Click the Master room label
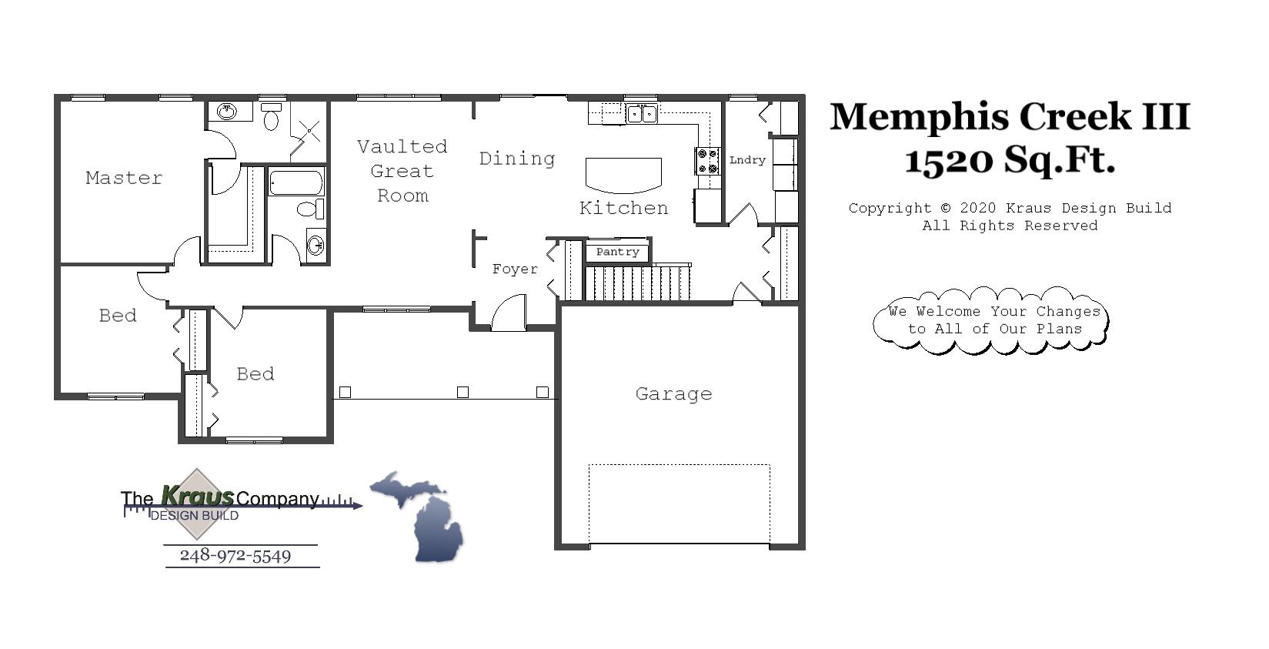click(124, 178)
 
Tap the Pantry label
click(617, 252)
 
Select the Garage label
click(673, 393)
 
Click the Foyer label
click(515, 269)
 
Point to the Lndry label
click(747, 160)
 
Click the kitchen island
click(623, 174)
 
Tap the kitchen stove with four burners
click(707, 161)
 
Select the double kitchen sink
click(641, 114)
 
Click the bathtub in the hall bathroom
click(296, 183)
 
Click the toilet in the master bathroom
click(271, 117)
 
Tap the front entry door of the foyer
click(509, 313)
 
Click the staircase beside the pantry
click(638, 283)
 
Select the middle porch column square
click(463, 392)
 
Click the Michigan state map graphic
click(424, 514)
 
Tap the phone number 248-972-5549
click(235, 556)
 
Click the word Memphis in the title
click(919, 117)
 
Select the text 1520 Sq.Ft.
click(1009, 161)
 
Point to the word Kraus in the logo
click(197, 495)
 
